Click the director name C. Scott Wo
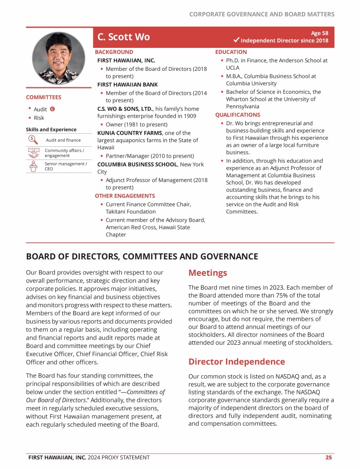[124, 37]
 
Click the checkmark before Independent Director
[236, 41]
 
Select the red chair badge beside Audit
[52, 109]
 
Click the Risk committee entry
[39, 118]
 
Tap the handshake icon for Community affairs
[33, 152]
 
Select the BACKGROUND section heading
[114, 52]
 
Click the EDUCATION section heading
[231, 52]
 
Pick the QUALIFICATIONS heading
[237, 114]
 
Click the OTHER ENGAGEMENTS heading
[125, 196]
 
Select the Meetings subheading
[208, 273]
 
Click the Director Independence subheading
[236, 362]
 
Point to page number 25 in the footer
[329, 457]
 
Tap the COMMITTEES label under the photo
[44, 97]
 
